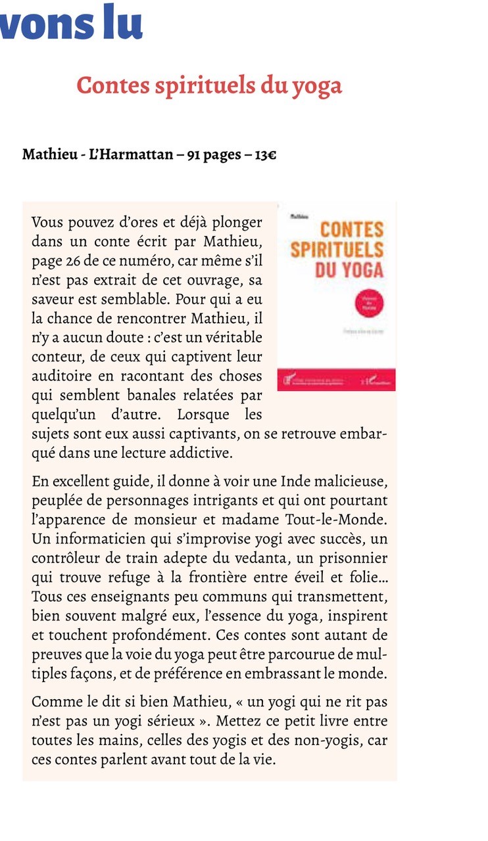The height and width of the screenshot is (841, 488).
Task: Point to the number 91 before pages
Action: (194, 156)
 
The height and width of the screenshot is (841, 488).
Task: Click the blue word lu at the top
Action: (122, 22)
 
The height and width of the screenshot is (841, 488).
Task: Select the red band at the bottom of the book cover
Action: (337, 380)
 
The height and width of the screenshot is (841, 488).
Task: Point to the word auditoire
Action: (62, 377)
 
